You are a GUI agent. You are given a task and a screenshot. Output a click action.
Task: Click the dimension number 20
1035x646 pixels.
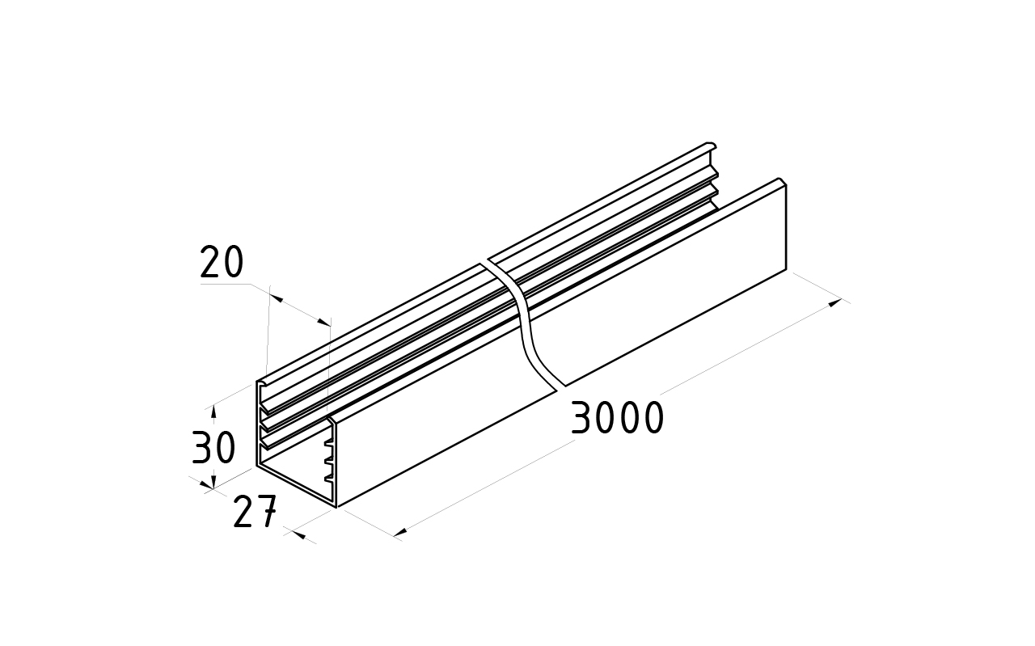222,262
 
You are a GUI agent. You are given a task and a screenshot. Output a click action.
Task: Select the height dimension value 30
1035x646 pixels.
213,447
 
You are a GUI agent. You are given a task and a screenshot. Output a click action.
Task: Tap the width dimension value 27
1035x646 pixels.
255,511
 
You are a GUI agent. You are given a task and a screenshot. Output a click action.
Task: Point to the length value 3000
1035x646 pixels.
617,418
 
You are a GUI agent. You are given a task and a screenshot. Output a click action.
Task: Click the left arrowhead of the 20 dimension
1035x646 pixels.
276,298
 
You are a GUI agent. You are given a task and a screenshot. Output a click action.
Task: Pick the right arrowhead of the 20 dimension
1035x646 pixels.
324,321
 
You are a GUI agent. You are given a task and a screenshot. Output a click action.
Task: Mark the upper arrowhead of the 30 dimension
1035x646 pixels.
213,412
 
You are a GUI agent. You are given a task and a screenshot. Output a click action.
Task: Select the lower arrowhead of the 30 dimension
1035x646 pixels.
213,482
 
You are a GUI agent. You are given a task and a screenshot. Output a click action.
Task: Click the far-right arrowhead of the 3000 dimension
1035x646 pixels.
835,302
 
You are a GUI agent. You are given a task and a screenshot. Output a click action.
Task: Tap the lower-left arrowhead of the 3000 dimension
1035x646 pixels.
400,533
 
